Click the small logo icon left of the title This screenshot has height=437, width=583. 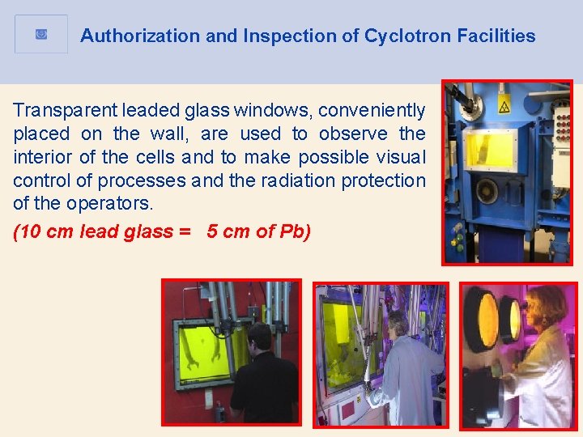tap(41, 34)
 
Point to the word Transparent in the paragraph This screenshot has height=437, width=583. tap(61, 110)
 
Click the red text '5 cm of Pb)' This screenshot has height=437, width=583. tap(258, 231)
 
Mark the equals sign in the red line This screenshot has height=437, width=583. tap(185, 231)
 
